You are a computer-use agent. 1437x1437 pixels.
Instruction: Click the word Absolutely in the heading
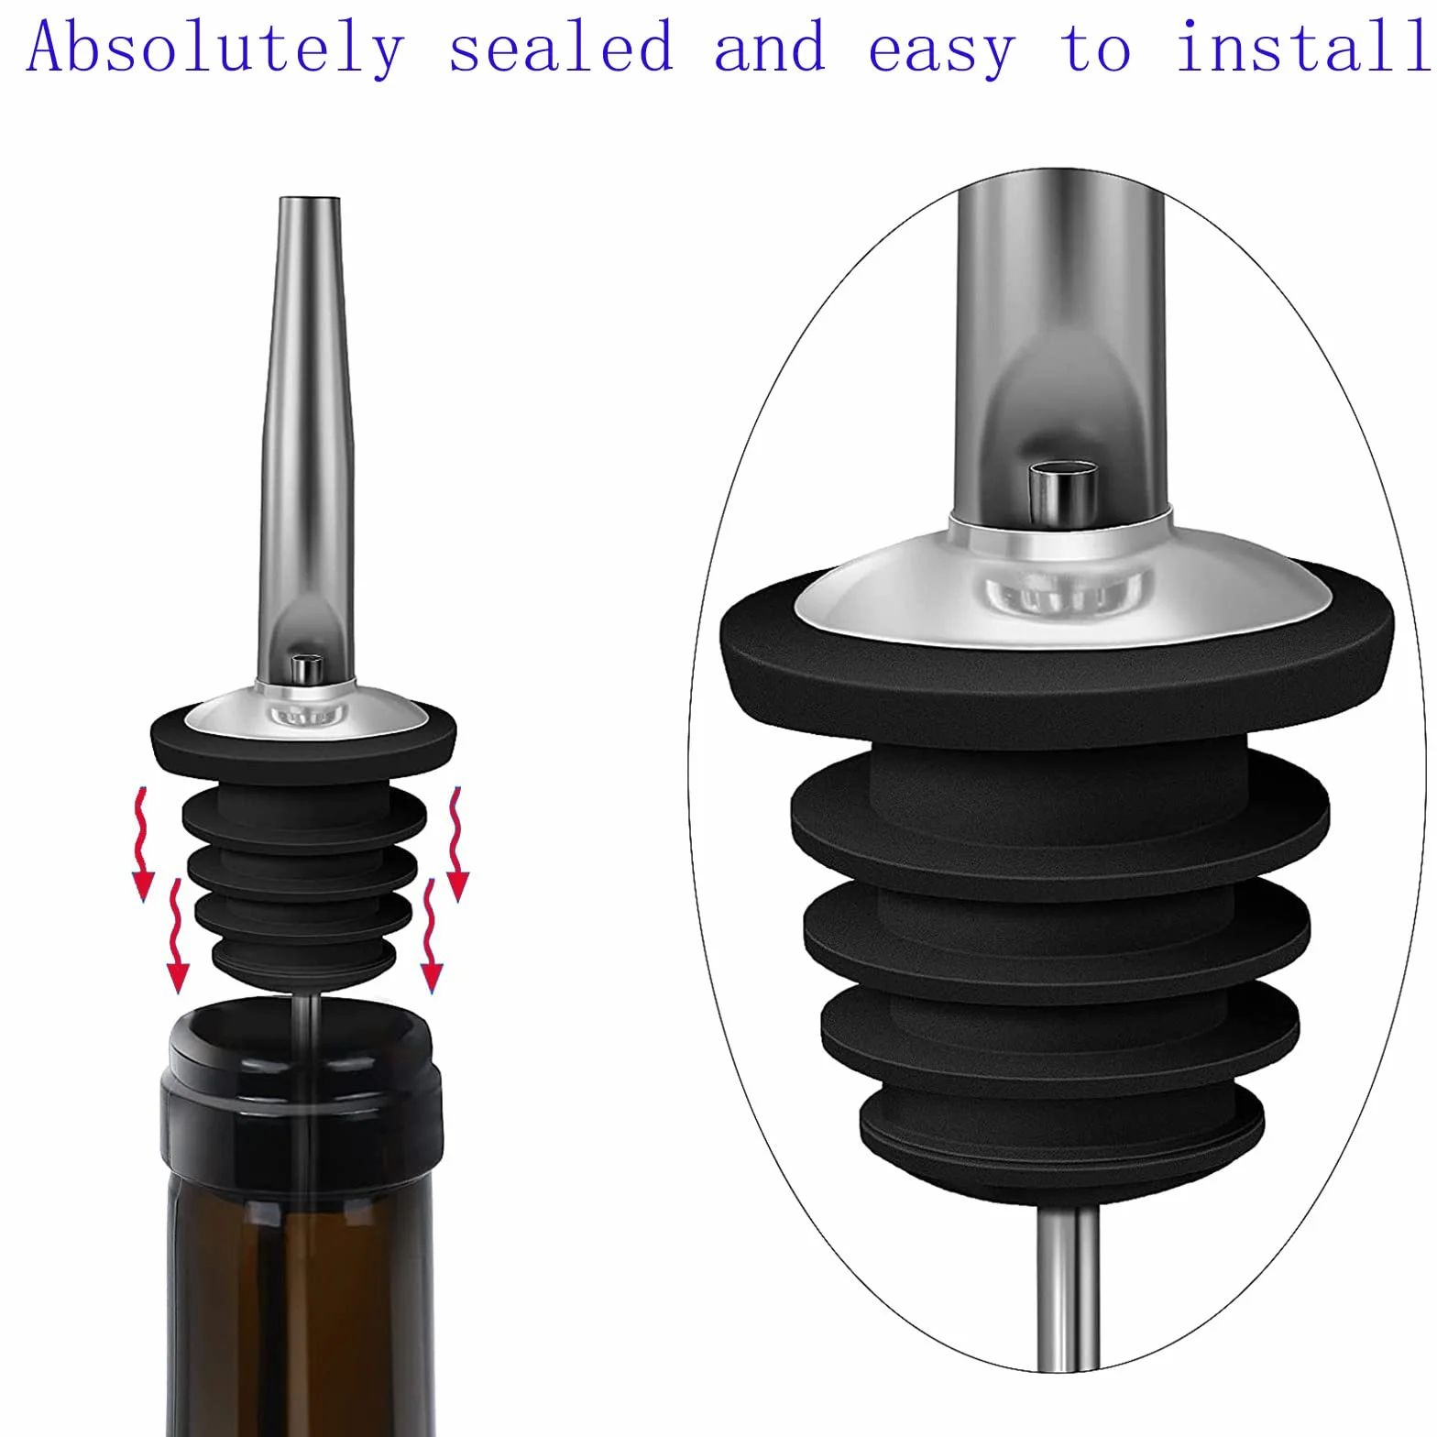214,48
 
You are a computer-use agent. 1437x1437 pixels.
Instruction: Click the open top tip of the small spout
310,201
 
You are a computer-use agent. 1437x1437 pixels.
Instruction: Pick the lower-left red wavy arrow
177,937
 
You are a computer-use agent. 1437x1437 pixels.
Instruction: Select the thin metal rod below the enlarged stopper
1068,1287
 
